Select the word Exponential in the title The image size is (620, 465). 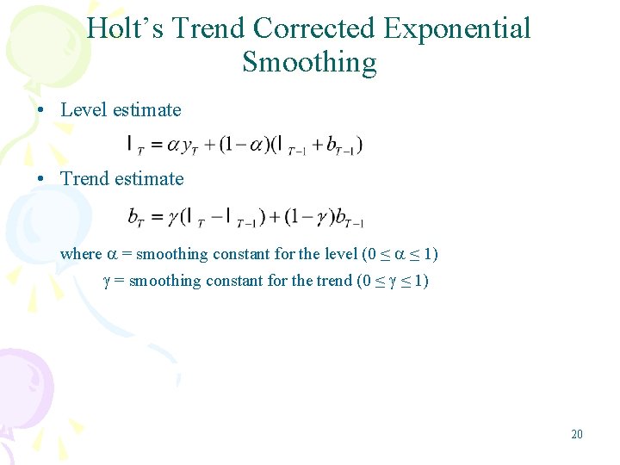pyautogui.click(x=457, y=28)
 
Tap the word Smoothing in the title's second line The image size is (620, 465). pyautogui.click(x=309, y=63)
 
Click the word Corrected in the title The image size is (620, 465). pyautogui.click(x=315, y=28)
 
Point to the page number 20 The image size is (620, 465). pyautogui.click(x=576, y=434)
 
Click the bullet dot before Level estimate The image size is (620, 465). pyautogui.click(x=41, y=111)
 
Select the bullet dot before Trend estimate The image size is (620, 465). pyautogui.click(x=41, y=180)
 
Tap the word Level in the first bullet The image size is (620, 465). pyautogui.click(x=83, y=110)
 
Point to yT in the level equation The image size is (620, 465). pyautogui.click(x=193, y=146)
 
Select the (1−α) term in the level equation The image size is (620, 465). pyautogui.click(x=243, y=146)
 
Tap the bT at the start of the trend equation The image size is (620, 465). pyautogui.click(x=137, y=218)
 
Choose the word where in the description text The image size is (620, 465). pyautogui.click(x=81, y=254)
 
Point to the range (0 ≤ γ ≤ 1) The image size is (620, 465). pyautogui.click(x=393, y=281)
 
